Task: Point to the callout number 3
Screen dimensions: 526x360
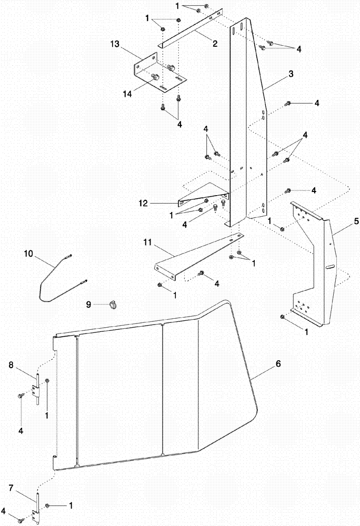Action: pyautogui.click(x=291, y=75)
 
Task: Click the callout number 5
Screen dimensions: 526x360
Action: pyautogui.click(x=341, y=221)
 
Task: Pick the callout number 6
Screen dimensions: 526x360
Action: pyautogui.click(x=278, y=363)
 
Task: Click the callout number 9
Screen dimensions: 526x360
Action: pyautogui.click(x=88, y=304)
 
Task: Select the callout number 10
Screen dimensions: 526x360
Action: pyautogui.click(x=28, y=254)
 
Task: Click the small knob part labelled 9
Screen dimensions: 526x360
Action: pyautogui.click(x=114, y=304)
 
